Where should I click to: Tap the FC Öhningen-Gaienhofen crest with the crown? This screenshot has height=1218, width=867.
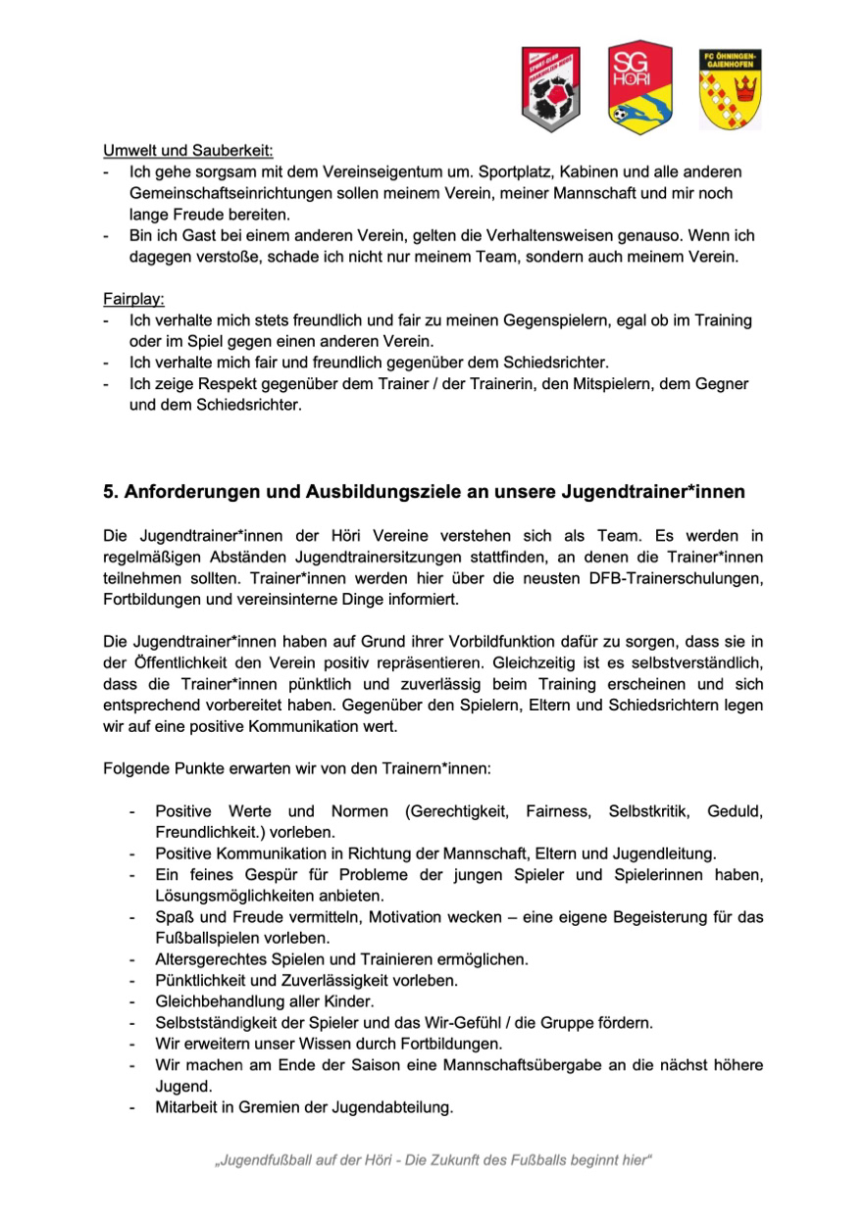point(730,89)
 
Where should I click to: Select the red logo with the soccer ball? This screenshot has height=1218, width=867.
point(549,90)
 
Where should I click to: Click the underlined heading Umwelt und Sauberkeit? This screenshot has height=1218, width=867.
point(188,151)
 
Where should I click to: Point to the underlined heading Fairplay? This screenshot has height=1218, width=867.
point(133,298)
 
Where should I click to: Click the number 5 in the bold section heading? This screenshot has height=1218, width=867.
point(109,492)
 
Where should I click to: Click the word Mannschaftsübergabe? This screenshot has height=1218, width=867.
point(496,1065)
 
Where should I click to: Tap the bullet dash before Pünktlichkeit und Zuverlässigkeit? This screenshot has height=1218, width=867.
point(131,980)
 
